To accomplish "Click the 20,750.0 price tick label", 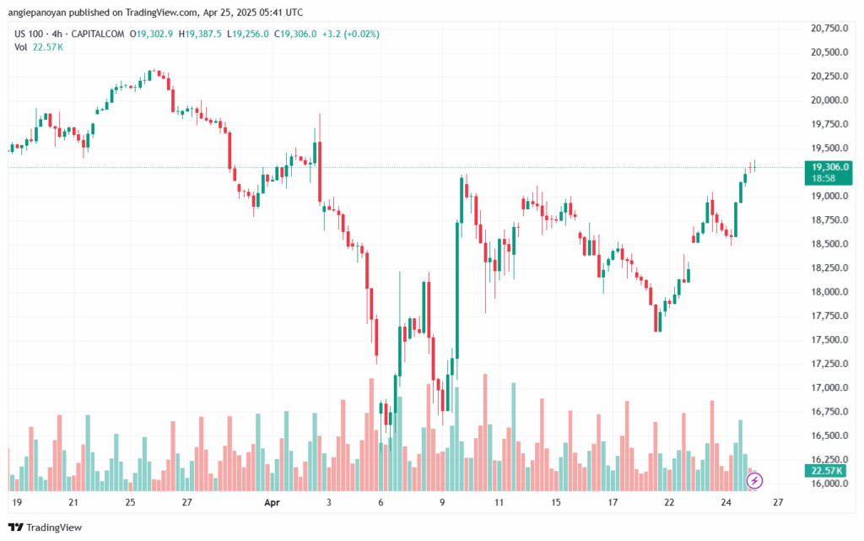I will click(x=828, y=28).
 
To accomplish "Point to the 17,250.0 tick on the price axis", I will click(x=828, y=364).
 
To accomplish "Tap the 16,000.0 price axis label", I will click(x=828, y=484).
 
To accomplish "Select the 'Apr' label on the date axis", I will click(x=272, y=502).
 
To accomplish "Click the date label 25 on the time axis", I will click(x=131, y=502).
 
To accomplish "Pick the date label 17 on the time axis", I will click(x=613, y=502).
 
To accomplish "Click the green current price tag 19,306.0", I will click(x=828, y=167).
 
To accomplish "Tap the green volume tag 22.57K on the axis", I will click(x=826, y=471).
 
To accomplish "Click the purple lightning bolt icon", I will click(x=755, y=480).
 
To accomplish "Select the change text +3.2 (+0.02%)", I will click(x=350, y=34).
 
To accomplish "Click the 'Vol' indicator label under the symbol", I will click(x=20, y=46).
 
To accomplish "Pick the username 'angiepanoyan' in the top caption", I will click(x=38, y=13).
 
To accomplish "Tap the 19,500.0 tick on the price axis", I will click(x=828, y=148).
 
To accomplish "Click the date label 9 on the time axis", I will click(x=442, y=502).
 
